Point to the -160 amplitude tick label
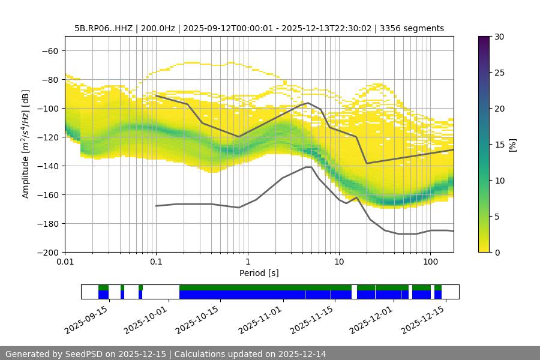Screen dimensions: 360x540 [x=47, y=195]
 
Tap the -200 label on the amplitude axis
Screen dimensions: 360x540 [x=47, y=253]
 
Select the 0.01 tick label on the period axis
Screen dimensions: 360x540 [x=65, y=262]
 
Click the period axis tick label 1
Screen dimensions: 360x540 [x=247, y=262]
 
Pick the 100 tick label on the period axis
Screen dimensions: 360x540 [x=430, y=262]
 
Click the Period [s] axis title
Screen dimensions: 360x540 [x=259, y=273]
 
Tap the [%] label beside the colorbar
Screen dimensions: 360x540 [x=512, y=145]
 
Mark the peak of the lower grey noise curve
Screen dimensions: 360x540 [x=308, y=167]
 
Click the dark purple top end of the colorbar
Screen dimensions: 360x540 [x=484, y=39]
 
